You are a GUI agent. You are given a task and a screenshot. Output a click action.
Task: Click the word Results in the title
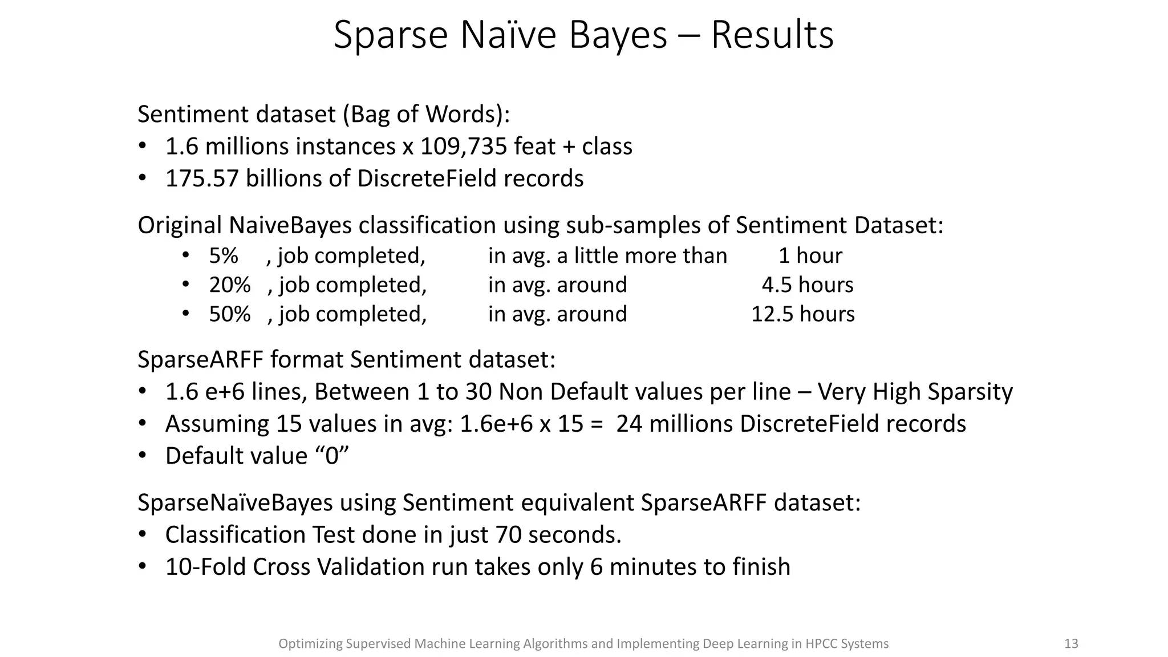click(772, 35)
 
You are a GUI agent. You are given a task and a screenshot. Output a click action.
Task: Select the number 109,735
click(464, 147)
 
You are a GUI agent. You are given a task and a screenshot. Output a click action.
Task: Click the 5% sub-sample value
click(223, 255)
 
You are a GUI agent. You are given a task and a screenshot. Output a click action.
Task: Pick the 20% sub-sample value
click(229, 285)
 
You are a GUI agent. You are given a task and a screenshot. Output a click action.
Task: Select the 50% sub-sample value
click(229, 314)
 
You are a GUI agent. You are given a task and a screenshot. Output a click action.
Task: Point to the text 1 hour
click(810, 255)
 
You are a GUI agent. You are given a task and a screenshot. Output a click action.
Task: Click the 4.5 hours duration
click(808, 285)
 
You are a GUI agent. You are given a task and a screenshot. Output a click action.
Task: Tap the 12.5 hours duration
click(803, 314)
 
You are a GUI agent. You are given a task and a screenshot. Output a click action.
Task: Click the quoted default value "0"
click(332, 456)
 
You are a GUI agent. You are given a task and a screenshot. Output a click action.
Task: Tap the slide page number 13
click(1071, 644)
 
